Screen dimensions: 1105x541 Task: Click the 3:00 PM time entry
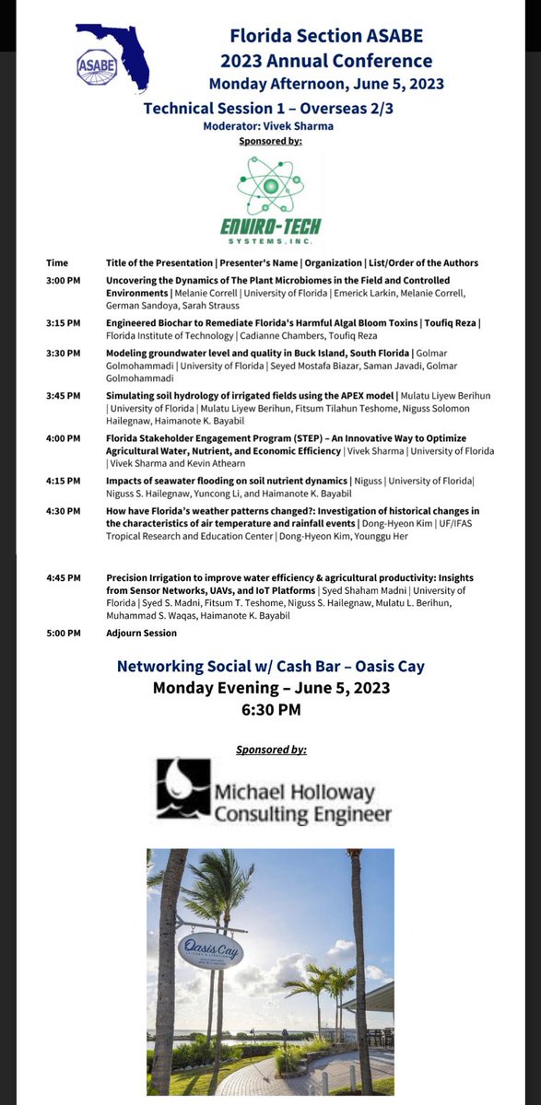64,281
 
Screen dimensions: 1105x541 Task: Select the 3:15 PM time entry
64,323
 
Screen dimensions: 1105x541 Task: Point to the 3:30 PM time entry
64,352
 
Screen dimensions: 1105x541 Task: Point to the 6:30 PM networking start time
270,709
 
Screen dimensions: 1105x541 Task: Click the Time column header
56,262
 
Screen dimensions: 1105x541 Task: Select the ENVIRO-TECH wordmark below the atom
270,227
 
